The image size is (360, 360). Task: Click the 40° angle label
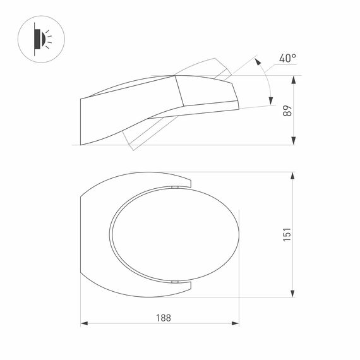click(287, 58)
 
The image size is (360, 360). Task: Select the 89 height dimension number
click(287, 111)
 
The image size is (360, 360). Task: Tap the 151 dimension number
click(287, 235)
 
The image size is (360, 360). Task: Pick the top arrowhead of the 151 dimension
click(292, 176)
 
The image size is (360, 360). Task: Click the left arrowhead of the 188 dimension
click(85, 325)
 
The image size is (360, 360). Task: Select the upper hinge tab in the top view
click(173, 188)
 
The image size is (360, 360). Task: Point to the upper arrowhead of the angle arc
click(258, 61)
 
